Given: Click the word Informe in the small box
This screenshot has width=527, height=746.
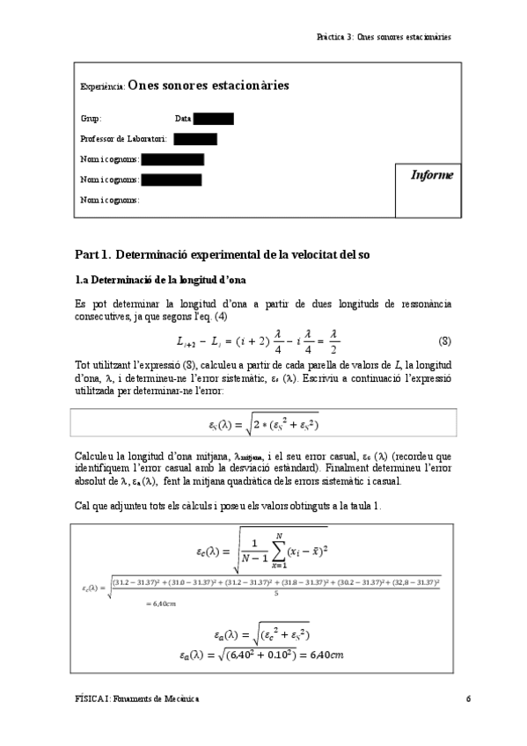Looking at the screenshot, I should pyautogui.click(x=432, y=175).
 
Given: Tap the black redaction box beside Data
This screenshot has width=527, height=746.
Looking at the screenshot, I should pyautogui.click(x=214, y=119).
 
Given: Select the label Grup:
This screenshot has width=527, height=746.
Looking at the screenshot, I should pyautogui.click(x=91, y=119).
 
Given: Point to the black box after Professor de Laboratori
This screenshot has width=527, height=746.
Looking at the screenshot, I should pyautogui.click(x=195, y=139).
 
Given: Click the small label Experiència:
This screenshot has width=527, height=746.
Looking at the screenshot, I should pyautogui.click(x=102, y=87).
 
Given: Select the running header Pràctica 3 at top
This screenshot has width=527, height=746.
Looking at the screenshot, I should pyautogui.click(x=384, y=37).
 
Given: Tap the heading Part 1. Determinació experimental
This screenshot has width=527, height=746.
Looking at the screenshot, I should pyautogui.click(x=223, y=254).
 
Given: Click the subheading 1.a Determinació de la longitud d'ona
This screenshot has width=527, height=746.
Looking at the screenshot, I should pyautogui.click(x=159, y=280).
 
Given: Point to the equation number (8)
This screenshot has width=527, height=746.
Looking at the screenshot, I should pyautogui.click(x=445, y=340).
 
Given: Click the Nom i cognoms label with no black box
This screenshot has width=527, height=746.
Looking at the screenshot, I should pyautogui.click(x=109, y=200).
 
